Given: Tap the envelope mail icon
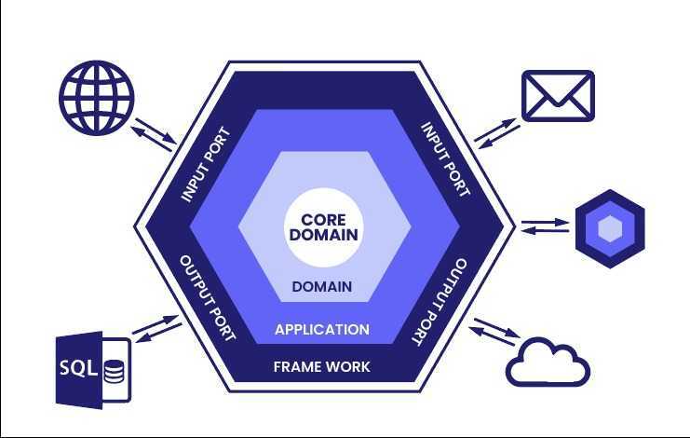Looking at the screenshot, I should [558, 96].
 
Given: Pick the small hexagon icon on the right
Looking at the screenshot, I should [609, 228].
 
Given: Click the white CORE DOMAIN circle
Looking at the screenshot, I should [323, 226].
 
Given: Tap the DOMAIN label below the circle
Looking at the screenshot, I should [322, 286].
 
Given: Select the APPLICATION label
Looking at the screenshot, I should [322, 329].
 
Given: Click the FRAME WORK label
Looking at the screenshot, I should [321, 366].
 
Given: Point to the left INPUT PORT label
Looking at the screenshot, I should [204, 164].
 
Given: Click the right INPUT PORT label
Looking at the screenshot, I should [445, 160].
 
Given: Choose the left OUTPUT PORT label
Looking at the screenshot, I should [207, 297].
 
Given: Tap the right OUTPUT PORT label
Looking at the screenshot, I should [438, 300].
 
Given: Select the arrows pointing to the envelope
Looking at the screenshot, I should [496, 133].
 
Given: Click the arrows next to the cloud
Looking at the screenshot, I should [496, 331].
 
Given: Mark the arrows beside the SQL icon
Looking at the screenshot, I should [156, 326].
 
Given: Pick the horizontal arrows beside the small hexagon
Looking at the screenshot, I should [545, 226].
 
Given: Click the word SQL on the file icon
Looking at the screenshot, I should [78, 367].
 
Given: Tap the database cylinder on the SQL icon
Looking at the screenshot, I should [114, 372].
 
